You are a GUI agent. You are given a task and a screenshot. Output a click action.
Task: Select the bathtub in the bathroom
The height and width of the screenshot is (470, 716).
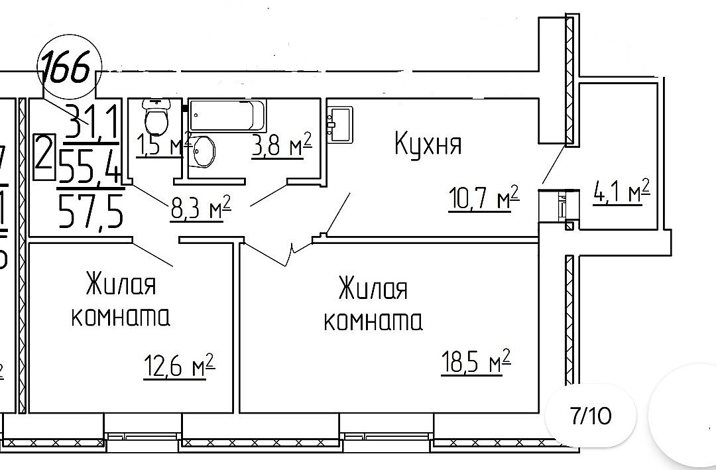tap(227, 115)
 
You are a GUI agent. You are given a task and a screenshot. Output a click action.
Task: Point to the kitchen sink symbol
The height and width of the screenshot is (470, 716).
tap(341, 124)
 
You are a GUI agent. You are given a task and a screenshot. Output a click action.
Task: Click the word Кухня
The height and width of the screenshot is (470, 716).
tap(428, 143)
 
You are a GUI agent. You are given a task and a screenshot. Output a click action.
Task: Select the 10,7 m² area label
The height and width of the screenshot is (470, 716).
tap(483, 198)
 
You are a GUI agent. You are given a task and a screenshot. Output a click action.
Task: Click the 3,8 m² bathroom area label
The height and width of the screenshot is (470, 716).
tap(281, 145)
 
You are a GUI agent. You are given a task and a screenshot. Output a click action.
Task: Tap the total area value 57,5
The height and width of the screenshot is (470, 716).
tap(91, 211)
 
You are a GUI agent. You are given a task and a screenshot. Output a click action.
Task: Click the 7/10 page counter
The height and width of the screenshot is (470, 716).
tap(591, 417)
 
